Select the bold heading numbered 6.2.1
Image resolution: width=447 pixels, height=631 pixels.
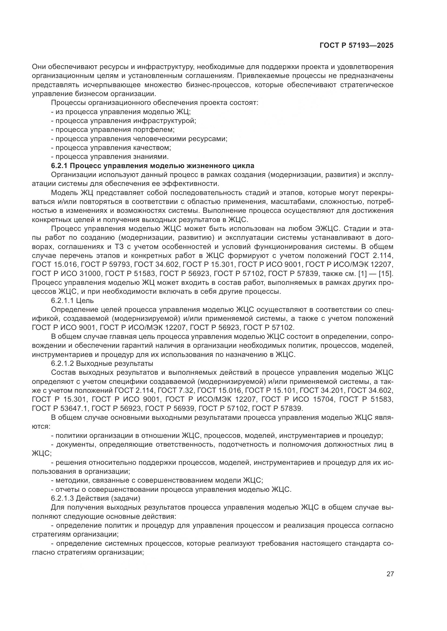(x=152, y=166)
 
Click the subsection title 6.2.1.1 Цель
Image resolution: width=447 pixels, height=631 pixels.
(x=72, y=301)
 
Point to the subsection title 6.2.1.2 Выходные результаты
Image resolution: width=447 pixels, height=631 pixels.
(x=102, y=363)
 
